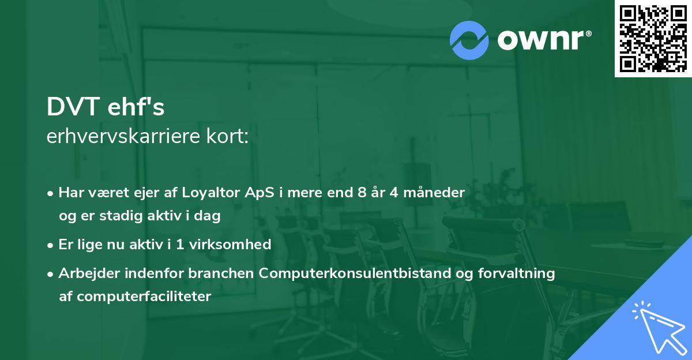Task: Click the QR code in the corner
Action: click(653, 39)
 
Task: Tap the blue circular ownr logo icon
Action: click(469, 40)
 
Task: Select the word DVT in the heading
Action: click(73, 107)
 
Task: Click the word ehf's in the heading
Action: click(136, 106)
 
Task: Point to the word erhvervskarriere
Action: click(123, 136)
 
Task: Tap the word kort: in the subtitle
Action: click(227, 136)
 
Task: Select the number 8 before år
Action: click(362, 192)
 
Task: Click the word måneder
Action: click(434, 192)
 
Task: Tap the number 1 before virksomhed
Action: click(180, 245)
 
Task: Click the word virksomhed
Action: click(230, 244)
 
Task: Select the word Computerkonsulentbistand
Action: click(355, 273)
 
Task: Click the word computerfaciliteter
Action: click(144, 297)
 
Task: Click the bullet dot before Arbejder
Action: click(50, 274)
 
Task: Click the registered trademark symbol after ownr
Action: click(588, 33)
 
